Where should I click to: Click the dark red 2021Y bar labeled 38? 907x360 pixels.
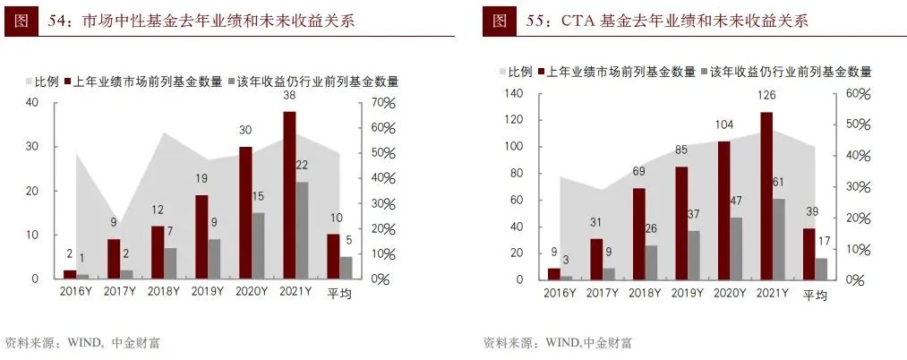tap(289, 195)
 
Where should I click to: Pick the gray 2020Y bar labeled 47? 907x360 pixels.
tap(735, 248)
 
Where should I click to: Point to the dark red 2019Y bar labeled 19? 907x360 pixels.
tap(201, 236)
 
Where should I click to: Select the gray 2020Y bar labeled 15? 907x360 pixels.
tap(258, 245)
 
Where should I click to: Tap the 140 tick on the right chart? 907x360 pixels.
tap(513, 94)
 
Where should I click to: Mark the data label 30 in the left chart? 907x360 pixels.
tap(245, 130)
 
